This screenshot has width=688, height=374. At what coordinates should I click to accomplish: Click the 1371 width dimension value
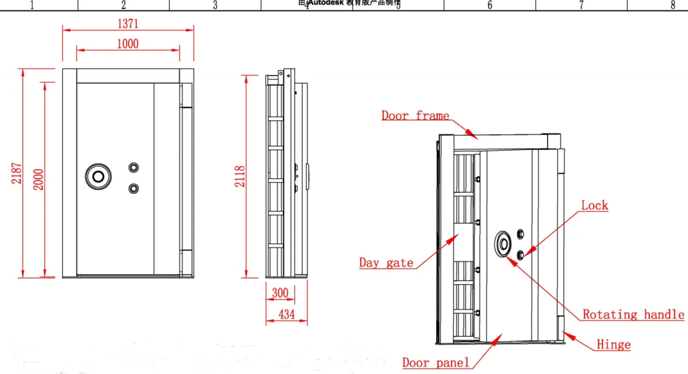point(127,23)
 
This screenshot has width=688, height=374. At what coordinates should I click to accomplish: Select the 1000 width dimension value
point(127,43)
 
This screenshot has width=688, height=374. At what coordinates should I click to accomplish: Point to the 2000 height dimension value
point(38,179)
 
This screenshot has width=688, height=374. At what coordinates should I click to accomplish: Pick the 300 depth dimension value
point(280,293)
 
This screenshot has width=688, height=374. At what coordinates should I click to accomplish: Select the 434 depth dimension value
point(286,313)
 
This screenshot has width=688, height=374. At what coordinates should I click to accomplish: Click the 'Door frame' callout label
point(415,115)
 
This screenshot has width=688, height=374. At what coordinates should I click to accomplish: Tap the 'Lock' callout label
point(595,205)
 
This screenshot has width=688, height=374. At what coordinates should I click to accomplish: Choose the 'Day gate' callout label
point(386,262)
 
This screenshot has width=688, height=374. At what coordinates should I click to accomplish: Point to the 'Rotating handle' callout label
point(633,314)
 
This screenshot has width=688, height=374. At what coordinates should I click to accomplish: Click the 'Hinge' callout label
point(613,345)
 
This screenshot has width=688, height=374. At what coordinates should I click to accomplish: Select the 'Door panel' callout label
point(436,362)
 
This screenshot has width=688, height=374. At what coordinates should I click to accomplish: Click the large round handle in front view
point(98,176)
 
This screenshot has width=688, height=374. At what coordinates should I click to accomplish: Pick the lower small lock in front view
point(134,188)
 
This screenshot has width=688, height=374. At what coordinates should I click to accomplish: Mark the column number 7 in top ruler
point(581,5)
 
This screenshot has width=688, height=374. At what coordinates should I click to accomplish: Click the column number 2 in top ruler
point(123,5)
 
